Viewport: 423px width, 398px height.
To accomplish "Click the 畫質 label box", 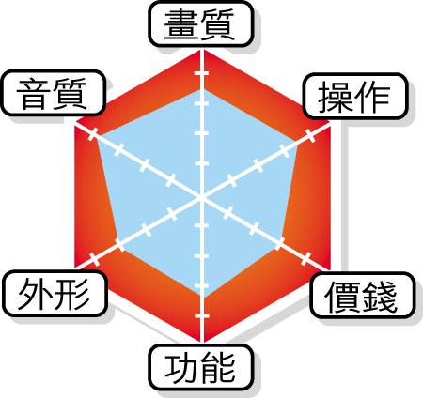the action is tap(200, 24).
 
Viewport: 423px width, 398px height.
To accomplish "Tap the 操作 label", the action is tap(355, 96).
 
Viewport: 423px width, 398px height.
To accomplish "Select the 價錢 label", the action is tap(363, 296).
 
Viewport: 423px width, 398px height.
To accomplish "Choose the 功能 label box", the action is tap(200, 367).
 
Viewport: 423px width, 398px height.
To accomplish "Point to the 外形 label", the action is tap(55, 294).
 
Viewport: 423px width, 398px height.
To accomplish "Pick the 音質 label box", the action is tap(53, 93).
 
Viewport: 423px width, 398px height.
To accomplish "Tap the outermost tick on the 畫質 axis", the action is tap(201, 73).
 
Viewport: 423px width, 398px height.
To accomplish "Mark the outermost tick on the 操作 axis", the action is tap(310, 135).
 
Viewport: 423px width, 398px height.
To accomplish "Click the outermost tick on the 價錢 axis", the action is tap(305, 259).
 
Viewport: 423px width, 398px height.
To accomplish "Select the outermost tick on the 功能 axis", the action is tap(201, 315).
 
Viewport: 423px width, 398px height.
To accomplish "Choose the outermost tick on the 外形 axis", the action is tap(94, 259).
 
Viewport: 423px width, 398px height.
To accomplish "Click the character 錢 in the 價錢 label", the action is tap(380, 296).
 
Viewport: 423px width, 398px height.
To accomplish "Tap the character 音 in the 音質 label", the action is tap(34, 94).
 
